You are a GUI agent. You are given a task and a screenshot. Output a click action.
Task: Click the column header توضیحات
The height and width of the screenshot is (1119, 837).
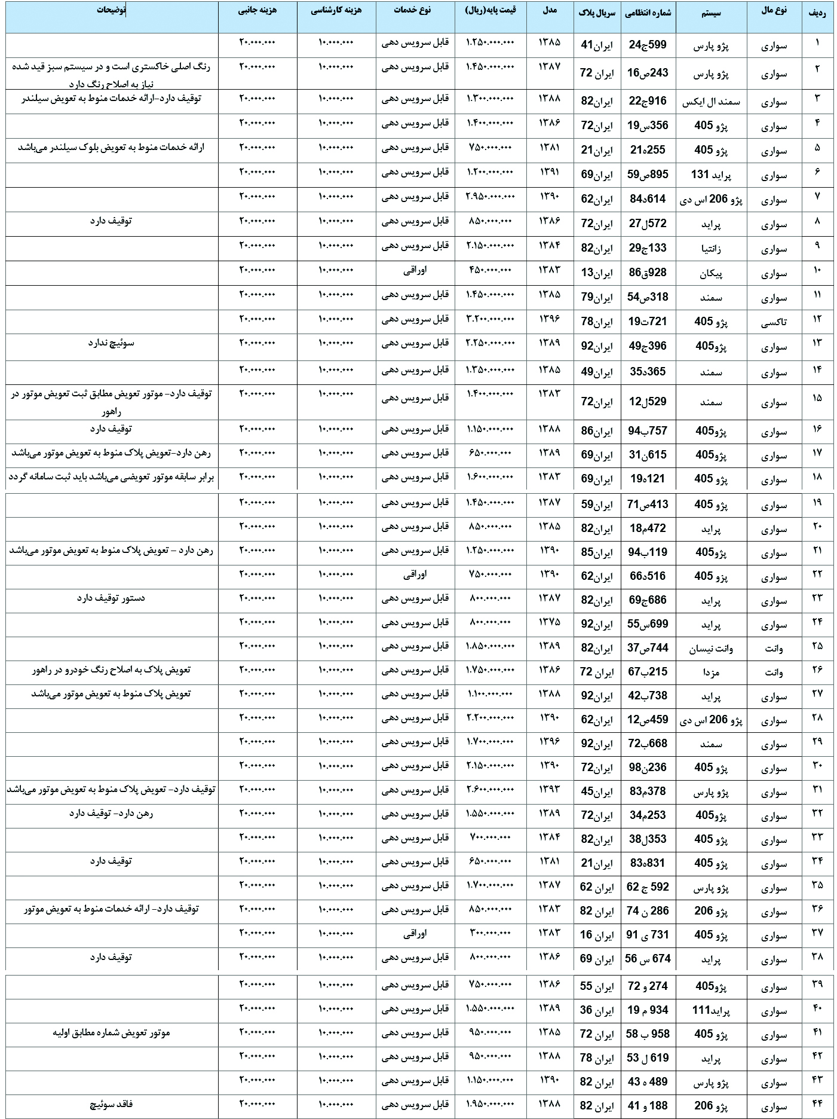(x=112, y=11)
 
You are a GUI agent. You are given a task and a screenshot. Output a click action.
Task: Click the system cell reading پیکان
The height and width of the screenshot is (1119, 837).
(x=711, y=273)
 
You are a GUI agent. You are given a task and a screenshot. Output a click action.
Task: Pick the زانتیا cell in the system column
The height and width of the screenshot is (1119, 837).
(x=711, y=249)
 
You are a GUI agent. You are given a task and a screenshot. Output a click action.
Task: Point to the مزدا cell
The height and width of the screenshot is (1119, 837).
(x=711, y=672)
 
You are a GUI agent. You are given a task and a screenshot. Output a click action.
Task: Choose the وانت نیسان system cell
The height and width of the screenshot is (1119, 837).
(x=711, y=649)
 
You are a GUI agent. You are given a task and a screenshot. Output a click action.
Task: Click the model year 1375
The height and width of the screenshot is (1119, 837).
(x=550, y=622)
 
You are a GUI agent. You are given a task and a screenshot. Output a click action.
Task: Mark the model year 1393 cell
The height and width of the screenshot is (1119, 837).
(x=550, y=789)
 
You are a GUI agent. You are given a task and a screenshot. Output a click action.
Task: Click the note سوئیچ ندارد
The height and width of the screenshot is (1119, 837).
(x=111, y=343)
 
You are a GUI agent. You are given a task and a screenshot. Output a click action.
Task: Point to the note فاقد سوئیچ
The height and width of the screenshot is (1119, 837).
(x=111, y=1104)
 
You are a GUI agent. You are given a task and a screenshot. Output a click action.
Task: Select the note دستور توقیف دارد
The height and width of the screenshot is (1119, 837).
(x=111, y=598)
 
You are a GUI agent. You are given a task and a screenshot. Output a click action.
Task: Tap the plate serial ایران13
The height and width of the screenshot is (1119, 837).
(x=597, y=273)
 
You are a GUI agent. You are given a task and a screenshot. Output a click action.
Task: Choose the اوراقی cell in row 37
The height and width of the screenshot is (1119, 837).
(x=415, y=932)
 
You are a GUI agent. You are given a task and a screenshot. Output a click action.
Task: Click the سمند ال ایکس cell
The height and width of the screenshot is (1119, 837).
(x=711, y=102)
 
